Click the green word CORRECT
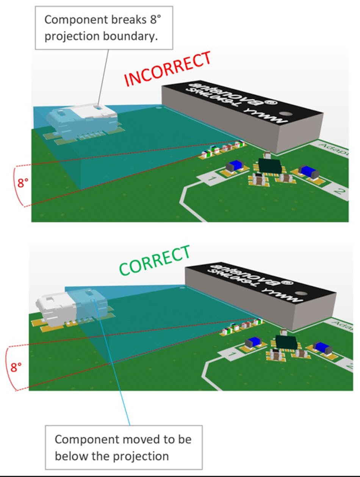click(x=154, y=261)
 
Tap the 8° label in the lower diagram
click(x=16, y=367)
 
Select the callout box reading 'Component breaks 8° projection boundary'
click(x=104, y=27)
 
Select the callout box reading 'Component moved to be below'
click(x=124, y=447)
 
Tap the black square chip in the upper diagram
click(x=269, y=165)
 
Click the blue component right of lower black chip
click(x=322, y=347)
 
